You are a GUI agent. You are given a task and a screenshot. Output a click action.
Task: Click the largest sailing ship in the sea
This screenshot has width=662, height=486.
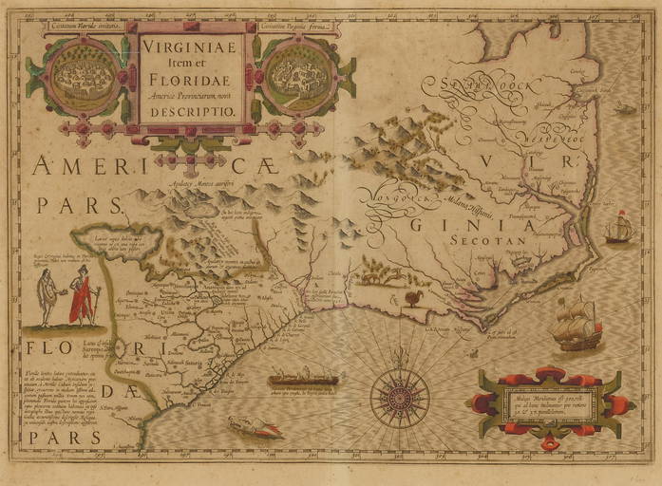576,324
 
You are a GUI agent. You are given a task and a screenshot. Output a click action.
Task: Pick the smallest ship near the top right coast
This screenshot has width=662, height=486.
624,109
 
